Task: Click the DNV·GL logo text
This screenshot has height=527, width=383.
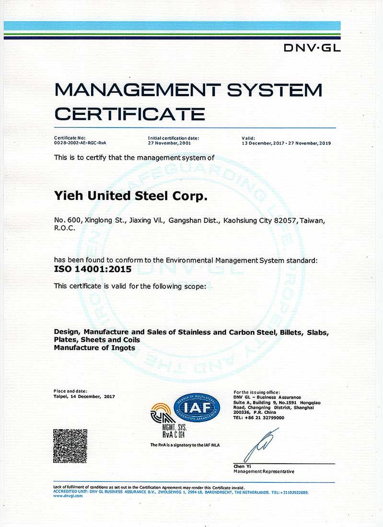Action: tap(312, 48)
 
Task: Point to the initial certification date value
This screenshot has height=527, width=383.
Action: tap(170, 143)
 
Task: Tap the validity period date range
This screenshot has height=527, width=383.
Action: tap(286, 143)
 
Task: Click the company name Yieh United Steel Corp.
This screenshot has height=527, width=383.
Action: tap(131, 196)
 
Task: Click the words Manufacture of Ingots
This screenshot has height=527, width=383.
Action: tap(94, 347)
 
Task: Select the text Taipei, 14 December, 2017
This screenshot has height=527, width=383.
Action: tap(84, 396)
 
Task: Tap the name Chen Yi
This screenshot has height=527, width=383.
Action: tap(242, 466)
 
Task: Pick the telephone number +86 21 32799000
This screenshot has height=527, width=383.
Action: tap(263, 417)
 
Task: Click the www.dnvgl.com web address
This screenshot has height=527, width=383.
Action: tap(68, 496)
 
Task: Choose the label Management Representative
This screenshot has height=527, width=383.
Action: tap(264, 471)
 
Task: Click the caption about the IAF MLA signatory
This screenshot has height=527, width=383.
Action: tap(185, 445)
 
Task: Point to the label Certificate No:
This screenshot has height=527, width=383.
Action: tap(70, 138)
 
